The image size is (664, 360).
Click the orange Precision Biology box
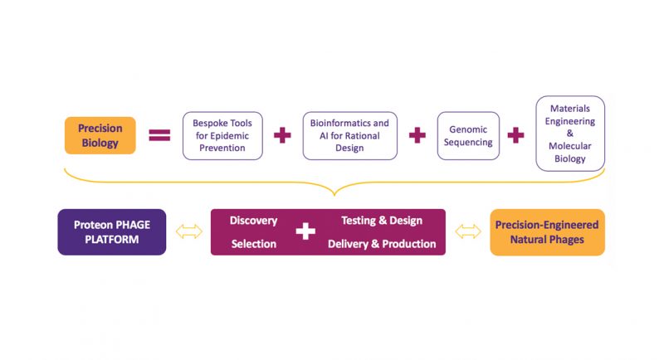point(100,135)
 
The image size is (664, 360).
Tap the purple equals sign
point(159,135)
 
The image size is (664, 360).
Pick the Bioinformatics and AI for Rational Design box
point(349,135)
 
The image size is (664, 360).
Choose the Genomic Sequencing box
point(468,135)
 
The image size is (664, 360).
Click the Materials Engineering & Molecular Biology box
point(570,134)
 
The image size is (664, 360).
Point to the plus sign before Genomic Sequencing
point(417,135)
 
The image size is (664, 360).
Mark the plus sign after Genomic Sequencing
point(516,135)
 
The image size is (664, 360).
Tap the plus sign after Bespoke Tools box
point(282,135)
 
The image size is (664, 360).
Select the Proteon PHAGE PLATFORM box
point(112,231)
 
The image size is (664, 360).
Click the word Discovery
point(253,221)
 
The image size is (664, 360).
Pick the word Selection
point(254,244)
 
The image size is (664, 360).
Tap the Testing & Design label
point(382,221)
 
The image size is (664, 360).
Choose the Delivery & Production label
point(382,244)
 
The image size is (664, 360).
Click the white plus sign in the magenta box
point(305,232)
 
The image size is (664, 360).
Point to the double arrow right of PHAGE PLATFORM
point(188,232)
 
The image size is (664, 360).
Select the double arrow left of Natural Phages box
point(468,232)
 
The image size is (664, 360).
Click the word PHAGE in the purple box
point(133,224)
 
